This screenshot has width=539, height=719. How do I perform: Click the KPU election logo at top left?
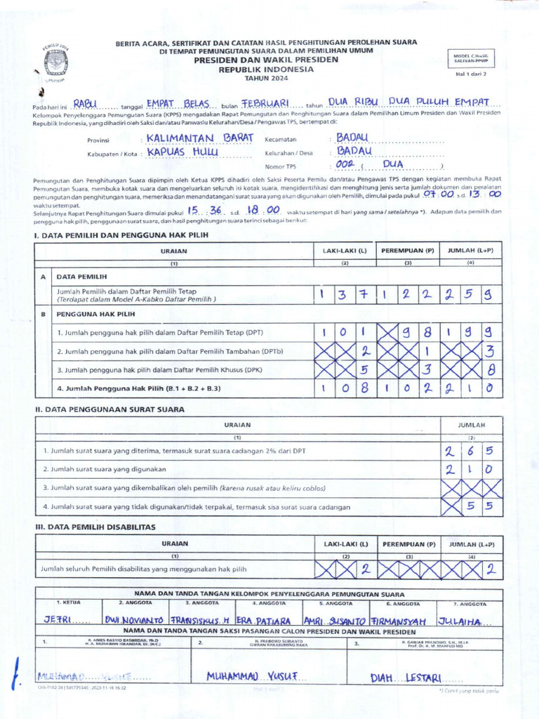click(x=56, y=62)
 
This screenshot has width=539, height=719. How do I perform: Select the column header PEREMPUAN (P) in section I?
click(x=408, y=250)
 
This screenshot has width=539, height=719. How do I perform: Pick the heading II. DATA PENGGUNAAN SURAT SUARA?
click(x=109, y=409)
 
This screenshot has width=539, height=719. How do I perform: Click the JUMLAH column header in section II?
click(x=471, y=425)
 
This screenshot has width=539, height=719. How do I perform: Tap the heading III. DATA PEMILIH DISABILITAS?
click(x=95, y=527)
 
